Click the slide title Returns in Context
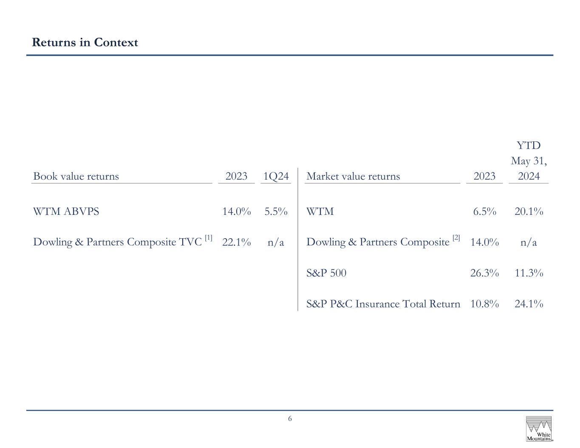(x=85, y=42)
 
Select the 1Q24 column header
(x=276, y=176)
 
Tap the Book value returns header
(x=76, y=176)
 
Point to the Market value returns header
(x=353, y=176)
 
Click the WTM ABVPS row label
(x=66, y=211)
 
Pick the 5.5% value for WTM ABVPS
(x=276, y=211)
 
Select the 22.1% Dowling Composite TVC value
(x=237, y=242)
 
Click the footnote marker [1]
(x=209, y=238)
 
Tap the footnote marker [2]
(x=456, y=238)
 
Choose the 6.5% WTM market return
(x=484, y=211)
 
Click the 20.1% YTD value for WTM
(x=529, y=211)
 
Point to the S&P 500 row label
(x=326, y=273)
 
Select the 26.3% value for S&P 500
(x=484, y=273)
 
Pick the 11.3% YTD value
(x=529, y=273)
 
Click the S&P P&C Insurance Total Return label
(x=383, y=304)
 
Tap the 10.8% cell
(x=484, y=304)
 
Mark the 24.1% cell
(x=529, y=304)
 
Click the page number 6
(x=290, y=419)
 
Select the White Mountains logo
(x=539, y=428)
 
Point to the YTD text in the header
(x=529, y=146)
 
